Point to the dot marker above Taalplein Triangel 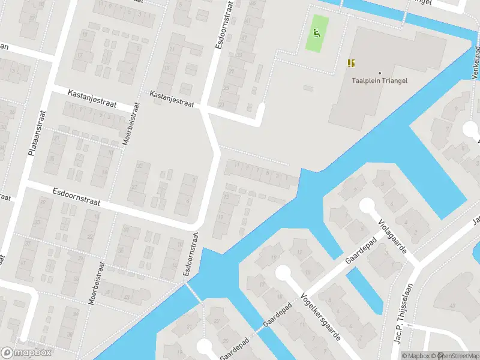(380, 73)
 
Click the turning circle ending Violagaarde (367, 206)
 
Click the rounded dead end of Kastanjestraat (260, 108)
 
